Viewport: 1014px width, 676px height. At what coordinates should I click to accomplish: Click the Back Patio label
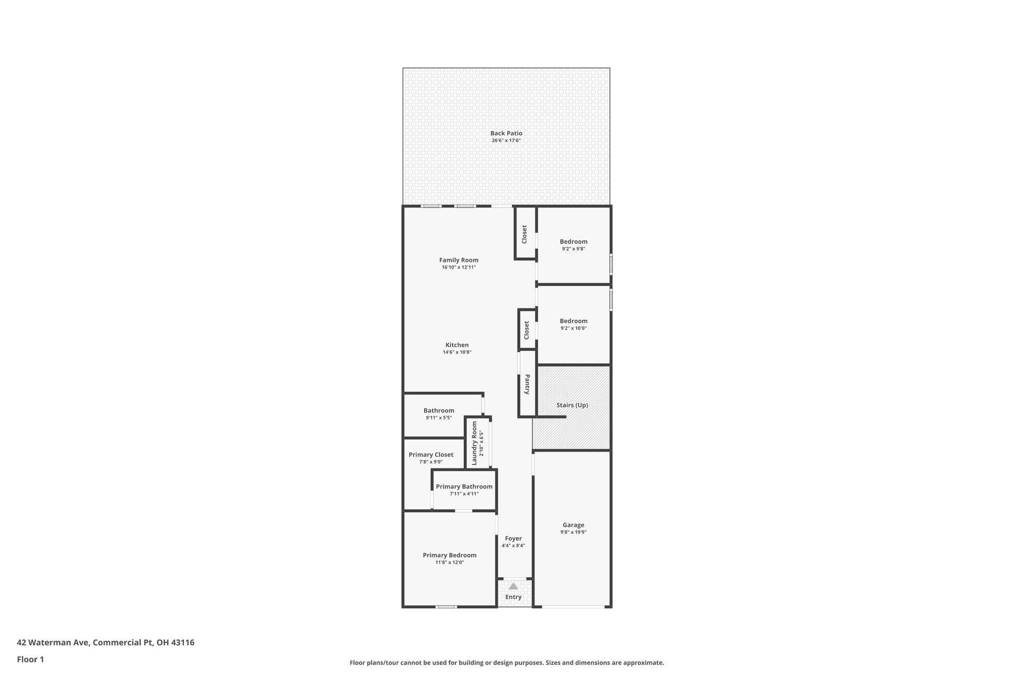506,133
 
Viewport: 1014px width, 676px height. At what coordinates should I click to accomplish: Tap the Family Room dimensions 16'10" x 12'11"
458,267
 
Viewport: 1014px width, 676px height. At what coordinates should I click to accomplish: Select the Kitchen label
457,345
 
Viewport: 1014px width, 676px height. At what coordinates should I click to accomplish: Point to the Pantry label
527,384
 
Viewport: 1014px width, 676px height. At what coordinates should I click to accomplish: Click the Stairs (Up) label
572,405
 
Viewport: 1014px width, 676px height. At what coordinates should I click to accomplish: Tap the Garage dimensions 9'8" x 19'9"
573,532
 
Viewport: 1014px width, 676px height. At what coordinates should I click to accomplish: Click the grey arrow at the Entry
513,586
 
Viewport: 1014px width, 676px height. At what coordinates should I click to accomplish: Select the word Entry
513,597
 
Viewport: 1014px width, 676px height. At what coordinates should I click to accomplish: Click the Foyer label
513,538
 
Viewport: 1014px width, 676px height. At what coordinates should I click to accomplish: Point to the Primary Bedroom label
449,555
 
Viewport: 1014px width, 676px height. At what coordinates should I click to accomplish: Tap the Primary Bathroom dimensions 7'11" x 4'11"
464,494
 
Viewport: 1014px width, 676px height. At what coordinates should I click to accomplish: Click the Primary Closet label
431,454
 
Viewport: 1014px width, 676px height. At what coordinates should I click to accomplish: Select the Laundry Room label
474,443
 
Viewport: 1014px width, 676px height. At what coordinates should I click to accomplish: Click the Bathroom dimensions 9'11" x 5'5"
438,418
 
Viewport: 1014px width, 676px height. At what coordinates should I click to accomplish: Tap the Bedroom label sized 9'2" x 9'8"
574,241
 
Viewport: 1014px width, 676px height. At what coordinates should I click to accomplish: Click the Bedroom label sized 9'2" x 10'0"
574,321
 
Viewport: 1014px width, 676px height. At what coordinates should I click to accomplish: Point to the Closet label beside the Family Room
524,234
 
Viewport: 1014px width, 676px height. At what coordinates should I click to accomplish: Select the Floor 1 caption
31,659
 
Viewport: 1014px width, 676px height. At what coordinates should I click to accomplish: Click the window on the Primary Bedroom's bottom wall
446,607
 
